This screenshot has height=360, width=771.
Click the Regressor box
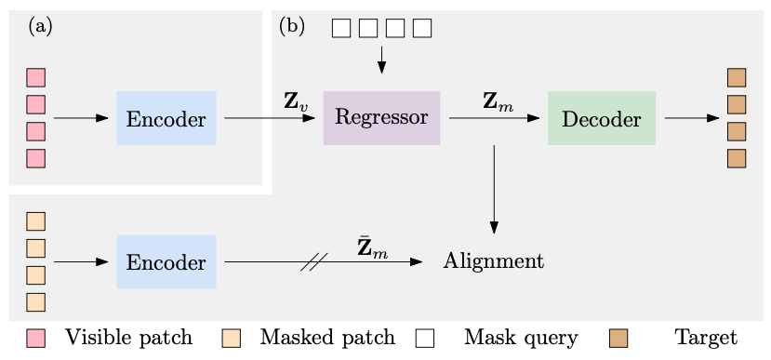click(x=381, y=118)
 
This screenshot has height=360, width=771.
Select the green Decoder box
click(x=602, y=118)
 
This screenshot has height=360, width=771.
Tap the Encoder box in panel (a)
click(x=166, y=118)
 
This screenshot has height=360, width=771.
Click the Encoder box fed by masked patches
click(x=166, y=261)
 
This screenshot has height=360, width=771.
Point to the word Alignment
click(x=493, y=261)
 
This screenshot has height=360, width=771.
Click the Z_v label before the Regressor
click(x=296, y=101)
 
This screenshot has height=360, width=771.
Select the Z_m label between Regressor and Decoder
click(x=498, y=101)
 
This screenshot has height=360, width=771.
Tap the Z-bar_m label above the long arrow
click(x=372, y=247)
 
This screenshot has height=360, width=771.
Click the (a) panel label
click(x=40, y=26)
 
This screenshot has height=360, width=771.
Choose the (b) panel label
click(x=291, y=26)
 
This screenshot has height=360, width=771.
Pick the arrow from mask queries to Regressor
click(x=381, y=60)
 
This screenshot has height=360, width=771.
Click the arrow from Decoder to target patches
click(x=692, y=118)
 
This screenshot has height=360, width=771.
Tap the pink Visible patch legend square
click(x=35, y=338)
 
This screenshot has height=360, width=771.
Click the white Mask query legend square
click(x=424, y=338)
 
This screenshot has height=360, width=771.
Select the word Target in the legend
click(x=706, y=338)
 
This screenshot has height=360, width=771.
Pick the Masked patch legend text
click(x=326, y=338)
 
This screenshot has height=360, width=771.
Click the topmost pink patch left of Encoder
click(x=35, y=77)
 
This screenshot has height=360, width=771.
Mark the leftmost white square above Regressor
click(x=341, y=28)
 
